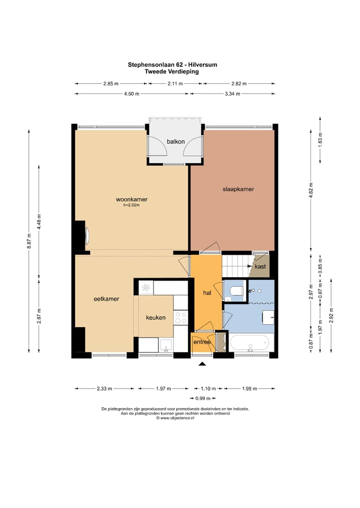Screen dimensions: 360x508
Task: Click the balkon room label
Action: point(176,141)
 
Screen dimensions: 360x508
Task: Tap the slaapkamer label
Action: point(238,189)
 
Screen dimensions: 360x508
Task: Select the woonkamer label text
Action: point(131,200)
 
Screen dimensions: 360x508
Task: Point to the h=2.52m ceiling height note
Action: point(131,205)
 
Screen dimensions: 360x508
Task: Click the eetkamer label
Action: point(106,299)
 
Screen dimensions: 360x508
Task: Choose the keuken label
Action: point(155,318)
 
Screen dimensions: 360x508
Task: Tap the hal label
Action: point(207,293)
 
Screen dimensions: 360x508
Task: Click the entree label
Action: point(202,342)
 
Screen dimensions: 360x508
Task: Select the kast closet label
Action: point(260,266)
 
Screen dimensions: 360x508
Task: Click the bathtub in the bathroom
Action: point(249,343)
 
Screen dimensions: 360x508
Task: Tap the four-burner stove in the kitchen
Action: point(180,318)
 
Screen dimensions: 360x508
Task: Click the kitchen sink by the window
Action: point(166,345)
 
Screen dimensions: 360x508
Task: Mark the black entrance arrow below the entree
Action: point(202,364)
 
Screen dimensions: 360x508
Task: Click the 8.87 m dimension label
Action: point(29,241)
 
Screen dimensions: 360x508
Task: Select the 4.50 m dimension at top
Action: point(131,94)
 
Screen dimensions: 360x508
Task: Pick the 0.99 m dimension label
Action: point(202,398)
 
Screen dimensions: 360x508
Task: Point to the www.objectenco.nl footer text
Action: point(175,418)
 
